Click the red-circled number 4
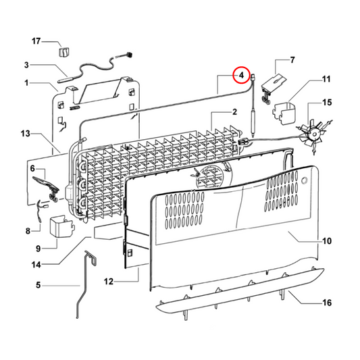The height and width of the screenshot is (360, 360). click(240, 76)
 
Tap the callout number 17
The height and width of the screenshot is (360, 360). click(36, 43)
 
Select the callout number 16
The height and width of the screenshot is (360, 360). click(326, 303)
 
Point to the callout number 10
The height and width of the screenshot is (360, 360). click(326, 240)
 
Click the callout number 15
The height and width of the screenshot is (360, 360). click(326, 103)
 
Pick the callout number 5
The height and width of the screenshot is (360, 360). click(38, 286)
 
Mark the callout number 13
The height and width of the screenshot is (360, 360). click(26, 135)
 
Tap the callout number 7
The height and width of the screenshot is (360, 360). click(292, 60)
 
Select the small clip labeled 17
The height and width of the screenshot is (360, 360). click(63, 51)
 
